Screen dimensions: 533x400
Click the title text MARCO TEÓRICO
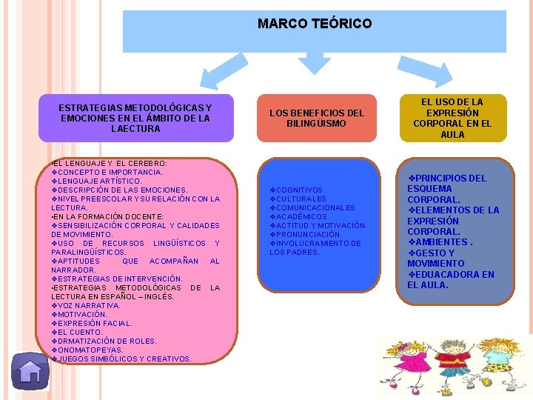click(315, 24)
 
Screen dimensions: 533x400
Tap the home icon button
click(30, 371)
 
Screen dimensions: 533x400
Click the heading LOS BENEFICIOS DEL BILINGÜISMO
click(316, 118)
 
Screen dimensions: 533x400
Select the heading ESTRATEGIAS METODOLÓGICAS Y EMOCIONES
click(135, 118)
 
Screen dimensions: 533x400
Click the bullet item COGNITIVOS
click(298, 190)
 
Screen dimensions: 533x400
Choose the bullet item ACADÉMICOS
click(301, 217)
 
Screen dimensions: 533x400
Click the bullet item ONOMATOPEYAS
click(91, 350)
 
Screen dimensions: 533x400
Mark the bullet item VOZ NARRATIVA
click(89, 305)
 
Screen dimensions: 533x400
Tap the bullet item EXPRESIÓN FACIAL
click(95, 323)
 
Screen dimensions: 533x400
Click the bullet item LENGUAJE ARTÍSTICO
click(99, 181)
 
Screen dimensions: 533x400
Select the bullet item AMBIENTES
click(443, 242)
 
